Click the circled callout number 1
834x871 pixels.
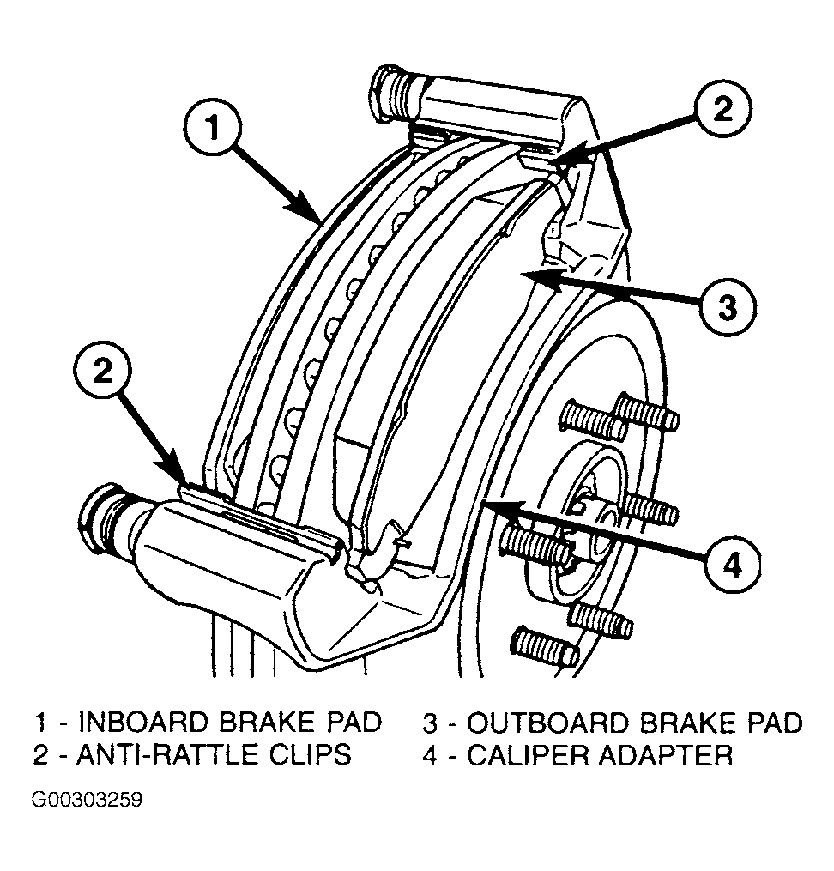pos(214,129)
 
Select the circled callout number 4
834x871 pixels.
pos(733,566)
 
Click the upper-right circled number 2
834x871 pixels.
pos(723,109)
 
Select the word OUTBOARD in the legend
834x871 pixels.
pos(547,723)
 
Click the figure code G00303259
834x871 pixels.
pos(88,801)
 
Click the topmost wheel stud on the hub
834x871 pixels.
pos(646,412)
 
